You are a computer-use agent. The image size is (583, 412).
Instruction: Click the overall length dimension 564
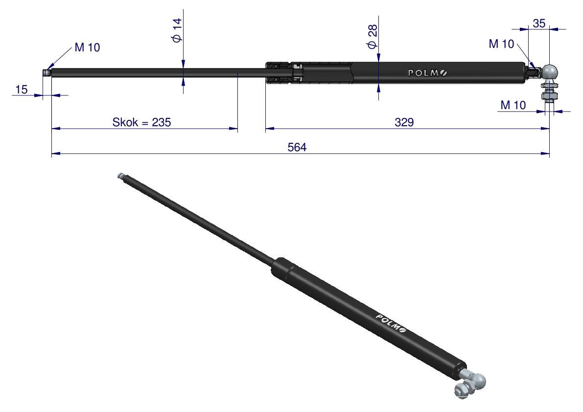click(297, 147)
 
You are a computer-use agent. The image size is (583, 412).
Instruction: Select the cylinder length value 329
click(404, 122)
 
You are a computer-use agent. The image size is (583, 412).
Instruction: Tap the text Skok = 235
click(141, 122)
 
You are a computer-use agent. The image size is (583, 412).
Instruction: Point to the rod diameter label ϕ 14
click(177, 30)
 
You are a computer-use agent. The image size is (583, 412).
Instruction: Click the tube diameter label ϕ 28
click(372, 37)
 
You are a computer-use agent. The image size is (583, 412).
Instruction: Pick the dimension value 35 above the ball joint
click(539, 23)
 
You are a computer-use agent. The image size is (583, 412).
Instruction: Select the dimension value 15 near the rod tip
click(22, 90)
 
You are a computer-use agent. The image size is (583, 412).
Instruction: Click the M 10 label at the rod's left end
click(87, 47)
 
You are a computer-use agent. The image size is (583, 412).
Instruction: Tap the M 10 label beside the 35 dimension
click(501, 44)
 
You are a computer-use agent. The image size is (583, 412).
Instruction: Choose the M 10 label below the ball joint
click(513, 105)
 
